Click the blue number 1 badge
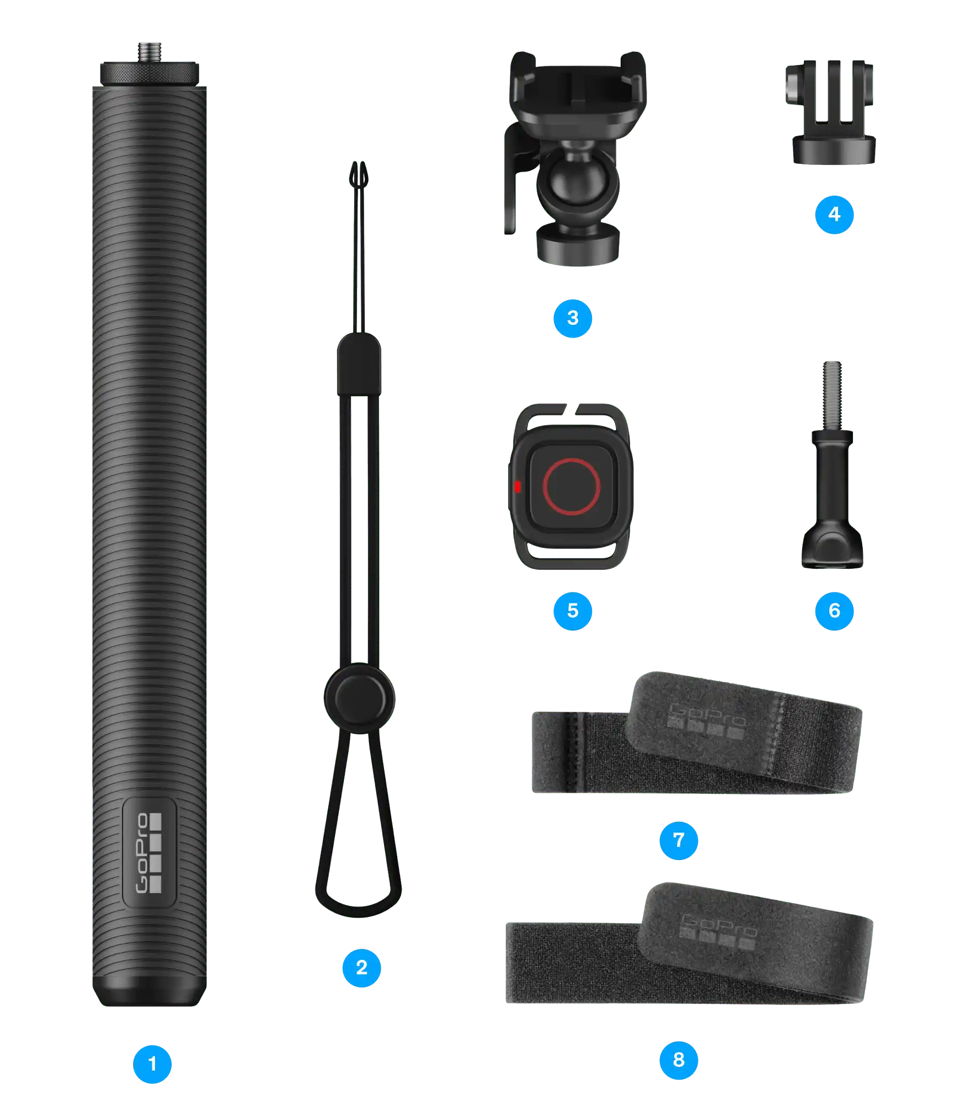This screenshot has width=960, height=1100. coord(152,1064)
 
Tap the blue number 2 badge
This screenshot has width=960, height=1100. coord(361,967)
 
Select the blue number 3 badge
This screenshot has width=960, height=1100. coord(573,318)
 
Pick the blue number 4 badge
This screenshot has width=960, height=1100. coord(834,214)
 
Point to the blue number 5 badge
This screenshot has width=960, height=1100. coord(573,610)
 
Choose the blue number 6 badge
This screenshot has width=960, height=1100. coord(834,610)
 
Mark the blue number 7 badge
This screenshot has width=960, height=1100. coord(679,840)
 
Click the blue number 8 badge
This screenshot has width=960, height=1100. coord(679,1059)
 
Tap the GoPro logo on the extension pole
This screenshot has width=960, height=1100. coord(149,852)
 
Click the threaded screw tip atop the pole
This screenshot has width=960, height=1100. coord(150,52)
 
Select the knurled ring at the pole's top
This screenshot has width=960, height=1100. coord(150,74)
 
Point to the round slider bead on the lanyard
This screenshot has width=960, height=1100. coord(359,698)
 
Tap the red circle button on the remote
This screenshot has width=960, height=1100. coord(571,486)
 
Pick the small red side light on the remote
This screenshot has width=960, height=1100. coord(517,486)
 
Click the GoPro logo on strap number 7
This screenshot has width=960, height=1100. coord(706,720)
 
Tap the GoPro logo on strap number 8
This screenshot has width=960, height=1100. coord(718,931)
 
